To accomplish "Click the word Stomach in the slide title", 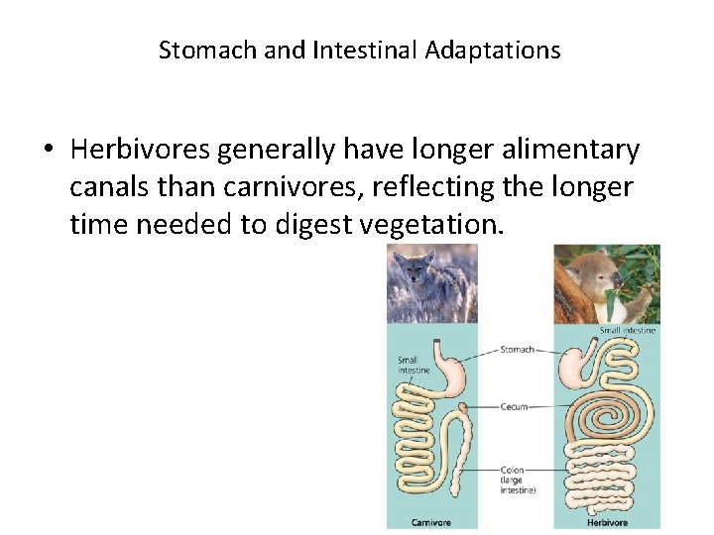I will (x=207, y=51).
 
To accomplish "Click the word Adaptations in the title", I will (x=493, y=51).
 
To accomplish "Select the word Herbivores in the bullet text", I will (x=140, y=151).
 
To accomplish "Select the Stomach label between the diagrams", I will (x=517, y=350).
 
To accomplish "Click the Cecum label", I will (x=514, y=406).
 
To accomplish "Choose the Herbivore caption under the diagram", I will (x=606, y=522).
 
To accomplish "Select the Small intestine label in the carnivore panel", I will (x=414, y=366).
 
